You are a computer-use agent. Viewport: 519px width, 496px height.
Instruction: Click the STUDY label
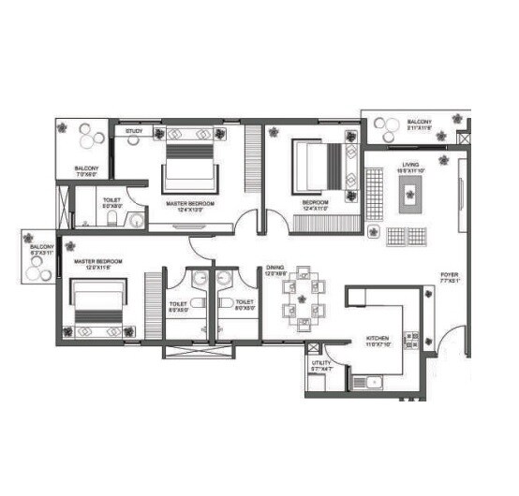134,132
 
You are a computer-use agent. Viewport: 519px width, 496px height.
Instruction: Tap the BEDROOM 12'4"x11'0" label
314,202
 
